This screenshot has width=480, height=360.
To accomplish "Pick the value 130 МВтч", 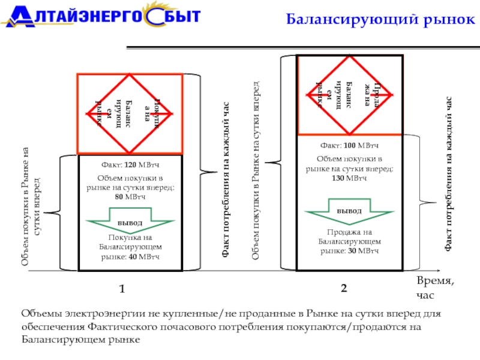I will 349,178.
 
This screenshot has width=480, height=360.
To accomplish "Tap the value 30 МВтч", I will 365,250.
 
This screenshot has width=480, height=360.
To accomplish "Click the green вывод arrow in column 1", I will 130,221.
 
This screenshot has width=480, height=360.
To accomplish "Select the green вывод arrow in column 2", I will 349,212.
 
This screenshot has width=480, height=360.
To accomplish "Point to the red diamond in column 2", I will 349,94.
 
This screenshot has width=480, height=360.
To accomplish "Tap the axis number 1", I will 122,289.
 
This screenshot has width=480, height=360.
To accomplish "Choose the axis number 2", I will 343,289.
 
